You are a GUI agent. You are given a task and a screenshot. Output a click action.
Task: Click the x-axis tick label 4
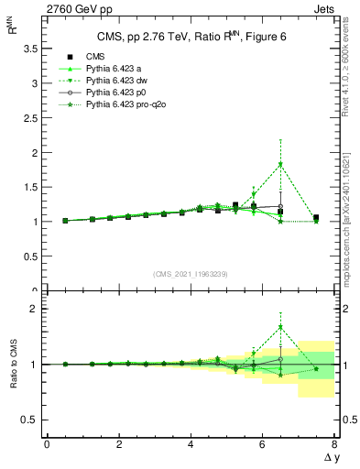pos(191,444)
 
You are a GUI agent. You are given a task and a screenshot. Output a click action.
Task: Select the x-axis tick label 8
pos(334,444)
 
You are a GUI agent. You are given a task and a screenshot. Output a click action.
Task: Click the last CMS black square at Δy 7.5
pos(316,218)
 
